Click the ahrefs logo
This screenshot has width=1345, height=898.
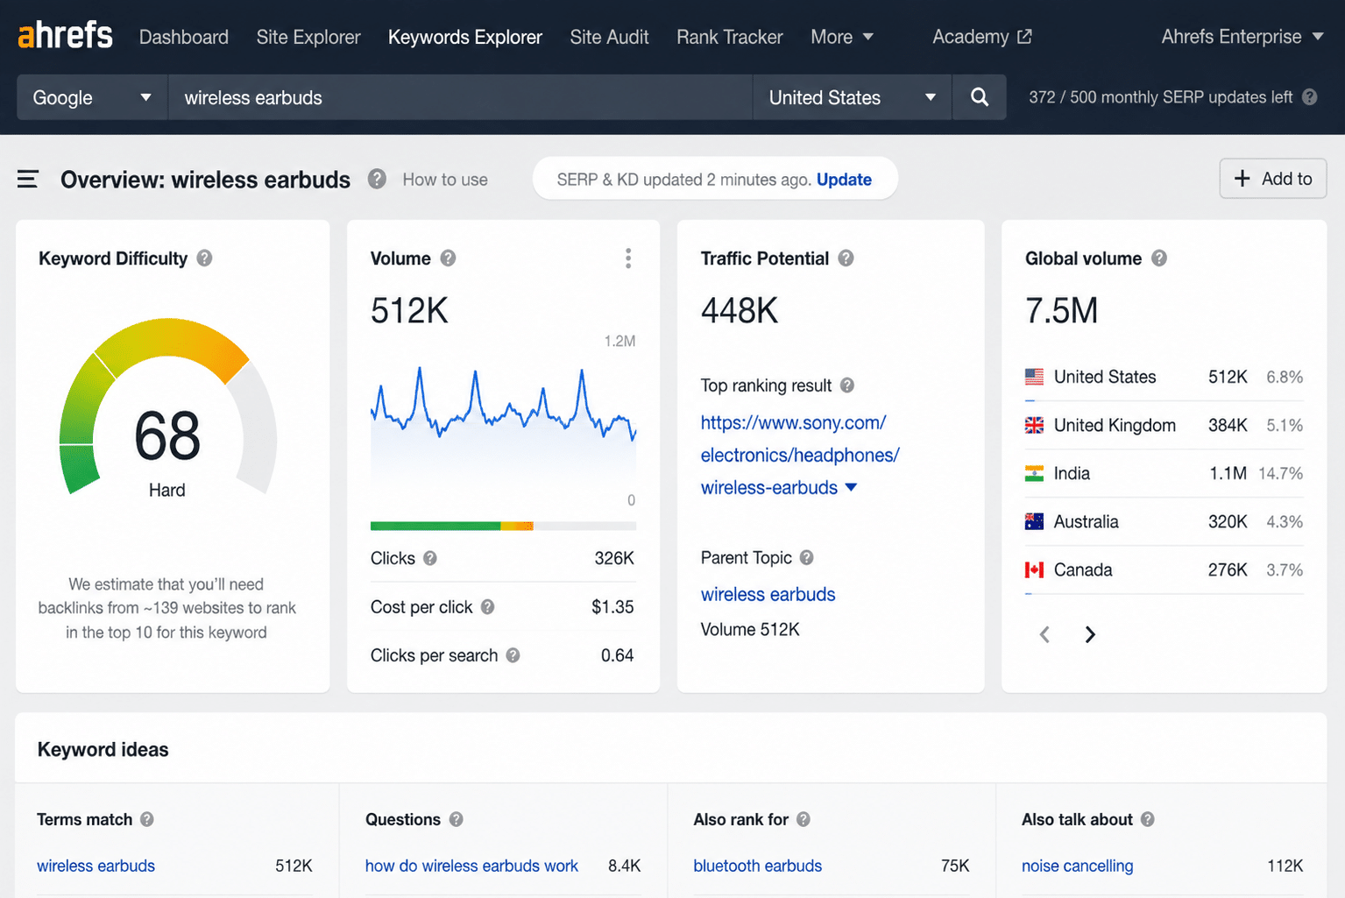point(66,35)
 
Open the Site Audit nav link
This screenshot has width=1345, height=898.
point(609,37)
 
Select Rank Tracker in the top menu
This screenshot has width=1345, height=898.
point(730,37)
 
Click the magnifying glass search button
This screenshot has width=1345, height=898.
point(980,97)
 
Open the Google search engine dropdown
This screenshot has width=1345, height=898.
point(92,97)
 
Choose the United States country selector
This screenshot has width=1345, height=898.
point(852,97)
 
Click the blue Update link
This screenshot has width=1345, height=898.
point(844,180)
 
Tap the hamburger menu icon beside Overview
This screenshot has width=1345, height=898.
point(28,179)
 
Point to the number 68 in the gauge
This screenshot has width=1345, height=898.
point(167,435)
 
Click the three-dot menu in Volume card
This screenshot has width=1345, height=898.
point(628,258)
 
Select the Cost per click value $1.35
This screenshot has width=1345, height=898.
point(612,607)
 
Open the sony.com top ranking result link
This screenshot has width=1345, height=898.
point(800,455)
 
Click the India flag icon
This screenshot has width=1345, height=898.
point(1034,474)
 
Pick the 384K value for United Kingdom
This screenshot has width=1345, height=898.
point(1228,426)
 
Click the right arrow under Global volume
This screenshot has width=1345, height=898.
point(1090,634)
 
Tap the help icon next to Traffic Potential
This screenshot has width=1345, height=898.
point(846,258)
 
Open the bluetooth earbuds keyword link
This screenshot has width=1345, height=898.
point(757,866)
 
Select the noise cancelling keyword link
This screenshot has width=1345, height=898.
point(1077,866)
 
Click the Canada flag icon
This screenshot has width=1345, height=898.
point(1034,569)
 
